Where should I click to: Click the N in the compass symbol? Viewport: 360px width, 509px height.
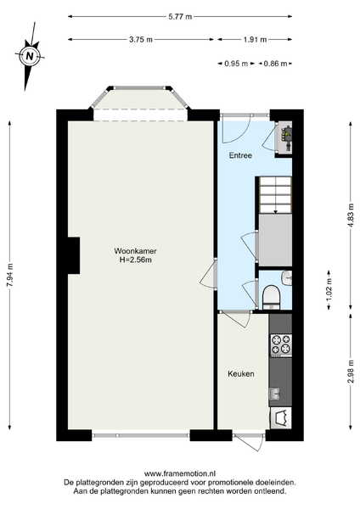(30, 56)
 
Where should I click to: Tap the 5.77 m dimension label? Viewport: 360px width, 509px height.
(180, 17)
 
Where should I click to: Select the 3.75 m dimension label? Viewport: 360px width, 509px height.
(141, 40)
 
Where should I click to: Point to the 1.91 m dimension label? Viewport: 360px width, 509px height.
(255, 40)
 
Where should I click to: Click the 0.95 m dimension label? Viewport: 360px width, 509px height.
(236, 64)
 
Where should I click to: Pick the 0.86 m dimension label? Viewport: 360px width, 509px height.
(275, 64)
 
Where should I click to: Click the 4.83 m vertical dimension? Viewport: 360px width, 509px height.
(351, 215)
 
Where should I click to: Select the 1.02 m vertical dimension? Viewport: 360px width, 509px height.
(329, 290)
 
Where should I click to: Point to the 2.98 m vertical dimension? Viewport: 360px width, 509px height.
(351, 372)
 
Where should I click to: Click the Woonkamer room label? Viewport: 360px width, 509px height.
(135, 251)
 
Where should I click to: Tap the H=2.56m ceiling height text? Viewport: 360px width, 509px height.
(136, 260)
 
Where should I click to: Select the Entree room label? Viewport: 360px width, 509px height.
(240, 155)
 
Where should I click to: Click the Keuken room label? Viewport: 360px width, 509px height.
(241, 374)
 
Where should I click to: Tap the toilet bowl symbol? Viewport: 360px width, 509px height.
(271, 297)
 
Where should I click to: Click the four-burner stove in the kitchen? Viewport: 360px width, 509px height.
(281, 344)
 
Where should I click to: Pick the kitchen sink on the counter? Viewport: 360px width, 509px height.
(275, 394)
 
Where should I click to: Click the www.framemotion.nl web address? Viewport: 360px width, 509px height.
(180, 473)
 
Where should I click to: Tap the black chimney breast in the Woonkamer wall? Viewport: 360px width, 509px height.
(74, 255)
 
